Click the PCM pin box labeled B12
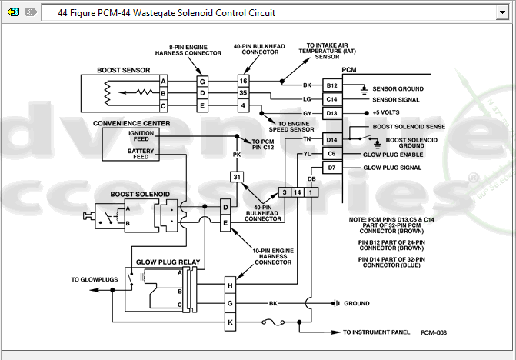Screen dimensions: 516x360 pyautogui.click(x=332, y=85)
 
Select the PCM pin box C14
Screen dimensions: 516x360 pyautogui.click(x=332, y=99)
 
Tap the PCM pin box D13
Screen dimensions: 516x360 pyautogui.click(x=332, y=113)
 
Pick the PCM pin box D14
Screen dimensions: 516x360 pyautogui.click(x=332, y=140)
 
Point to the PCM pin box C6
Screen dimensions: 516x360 pyautogui.click(x=332, y=154)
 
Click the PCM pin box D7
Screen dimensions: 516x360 pyautogui.click(x=332, y=168)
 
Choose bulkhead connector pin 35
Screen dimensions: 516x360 pyautogui.click(x=243, y=93)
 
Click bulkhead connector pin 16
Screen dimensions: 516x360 pyautogui.click(x=243, y=81)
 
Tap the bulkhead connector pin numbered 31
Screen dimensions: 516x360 pyautogui.click(x=237, y=177)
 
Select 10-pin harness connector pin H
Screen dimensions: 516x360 pyautogui.click(x=230, y=285)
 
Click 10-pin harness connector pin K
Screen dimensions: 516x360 pyautogui.click(x=230, y=322)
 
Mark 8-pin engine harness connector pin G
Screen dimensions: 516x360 pyautogui.click(x=202, y=82)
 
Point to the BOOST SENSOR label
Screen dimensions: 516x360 pyautogui.click(x=123, y=70)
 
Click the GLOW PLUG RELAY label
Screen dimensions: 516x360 pyautogui.click(x=168, y=262)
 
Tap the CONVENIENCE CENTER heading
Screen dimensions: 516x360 pyautogui.click(x=131, y=123)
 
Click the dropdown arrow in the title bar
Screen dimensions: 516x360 pyautogui.click(x=502, y=12)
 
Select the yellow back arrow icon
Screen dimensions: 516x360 pyautogui.click(x=12, y=12)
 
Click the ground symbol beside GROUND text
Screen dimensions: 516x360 pyautogui.click(x=336, y=303)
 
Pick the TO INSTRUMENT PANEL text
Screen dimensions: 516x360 pyautogui.click(x=377, y=332)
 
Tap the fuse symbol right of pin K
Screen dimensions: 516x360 pyautogui.click(x=274, y=322)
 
